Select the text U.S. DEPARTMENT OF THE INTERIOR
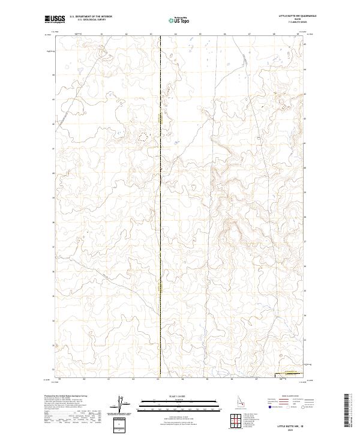91,17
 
